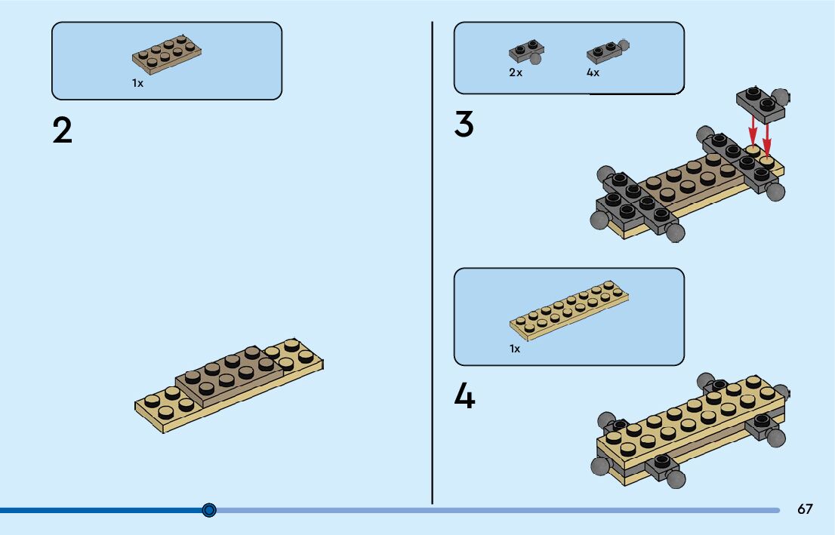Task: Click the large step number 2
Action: tap(63, 131)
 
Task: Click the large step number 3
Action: tap(464, 125)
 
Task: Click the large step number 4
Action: tap(464, 396)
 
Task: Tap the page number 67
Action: tap(805, 509)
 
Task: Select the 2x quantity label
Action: tap(516, 73)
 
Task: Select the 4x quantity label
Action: tap(593, 73)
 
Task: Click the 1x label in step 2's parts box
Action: tap(137, 84)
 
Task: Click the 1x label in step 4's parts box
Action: tap(515, 349)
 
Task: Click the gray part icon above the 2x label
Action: tap(526, 51)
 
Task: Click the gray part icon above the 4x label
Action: tap(607, 51)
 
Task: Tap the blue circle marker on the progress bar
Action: tap(210, 510)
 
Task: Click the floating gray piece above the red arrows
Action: tap(761, 100)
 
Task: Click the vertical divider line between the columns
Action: tap(432, 264)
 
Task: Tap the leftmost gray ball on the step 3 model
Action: tap(597, 220)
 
